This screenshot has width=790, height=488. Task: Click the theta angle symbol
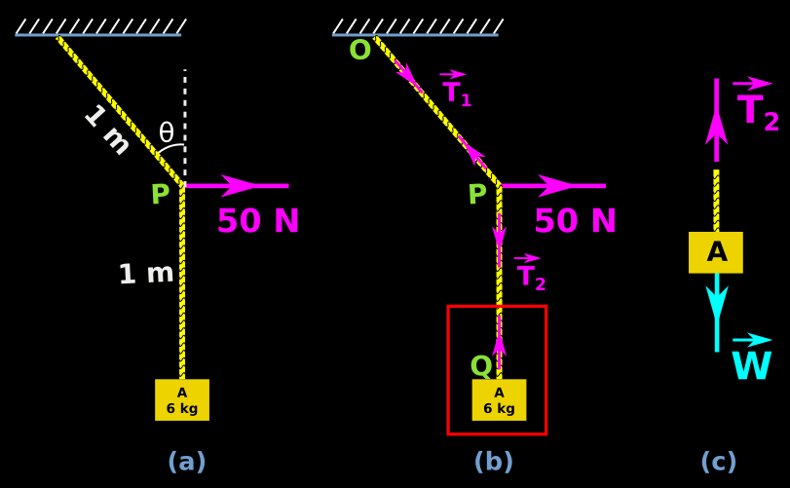click(x=167, y=132)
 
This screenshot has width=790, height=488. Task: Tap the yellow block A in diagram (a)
click(x=182, y=400)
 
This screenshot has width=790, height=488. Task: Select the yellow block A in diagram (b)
click(x=499, y=400)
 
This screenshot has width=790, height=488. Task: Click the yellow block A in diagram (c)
click(x=716, y=252)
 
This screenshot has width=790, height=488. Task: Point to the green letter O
click(x=359, y=51)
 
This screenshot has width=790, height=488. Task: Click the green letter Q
click(x=481, y=366)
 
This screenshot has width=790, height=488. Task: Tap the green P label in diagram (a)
click(x=160, y=195)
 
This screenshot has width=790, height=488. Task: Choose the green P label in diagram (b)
click(x=477, y=195)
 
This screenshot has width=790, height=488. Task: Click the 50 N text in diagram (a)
click(x=258, y=222)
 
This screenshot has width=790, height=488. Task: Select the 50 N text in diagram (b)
click(x=576, y=222)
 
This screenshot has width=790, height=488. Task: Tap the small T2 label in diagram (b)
click(x=531, y=276)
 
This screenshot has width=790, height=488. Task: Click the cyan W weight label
click(x=751, y=365)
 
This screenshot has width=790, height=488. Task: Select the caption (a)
click(x=186, y=462)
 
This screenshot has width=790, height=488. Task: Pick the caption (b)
click(x=493, y=462)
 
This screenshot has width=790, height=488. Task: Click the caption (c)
click(x=718, y=462)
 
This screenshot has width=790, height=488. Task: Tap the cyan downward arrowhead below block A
click(x=717, y=302)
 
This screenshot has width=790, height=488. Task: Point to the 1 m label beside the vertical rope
click(x=146, y=274)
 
